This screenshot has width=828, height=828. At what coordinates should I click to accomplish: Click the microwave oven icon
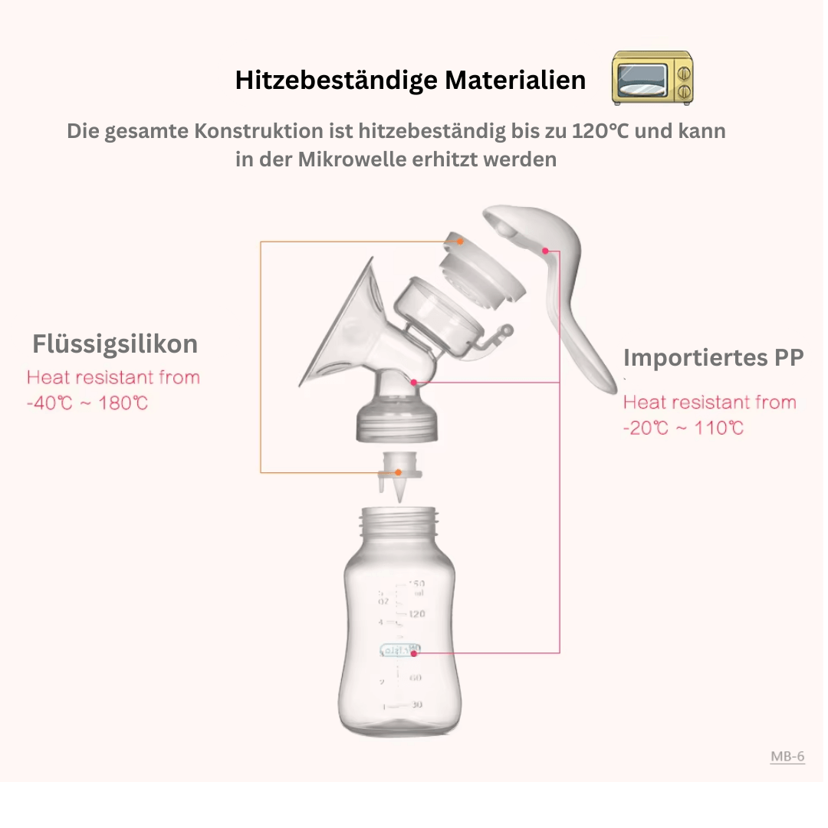(x=652, y=78)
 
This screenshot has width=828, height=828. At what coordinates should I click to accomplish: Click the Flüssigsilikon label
(x=115, y=343)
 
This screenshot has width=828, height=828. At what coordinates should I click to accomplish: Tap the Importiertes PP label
(x=713, y=357)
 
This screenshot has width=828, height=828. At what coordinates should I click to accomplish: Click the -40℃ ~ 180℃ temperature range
(x=87, y=402)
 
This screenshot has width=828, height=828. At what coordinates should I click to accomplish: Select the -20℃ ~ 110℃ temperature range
(x=683, y=428)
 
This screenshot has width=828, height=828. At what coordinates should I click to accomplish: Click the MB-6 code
(x=787, y=757)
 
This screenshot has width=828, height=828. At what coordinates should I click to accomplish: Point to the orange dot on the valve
(x=398, y=472)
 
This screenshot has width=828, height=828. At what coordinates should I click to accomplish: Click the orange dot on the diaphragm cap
(x=461, y=242)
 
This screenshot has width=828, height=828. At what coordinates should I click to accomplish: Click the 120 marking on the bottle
(x=416, y=614)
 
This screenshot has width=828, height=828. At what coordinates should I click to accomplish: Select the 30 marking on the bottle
(x=416, y=705)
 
